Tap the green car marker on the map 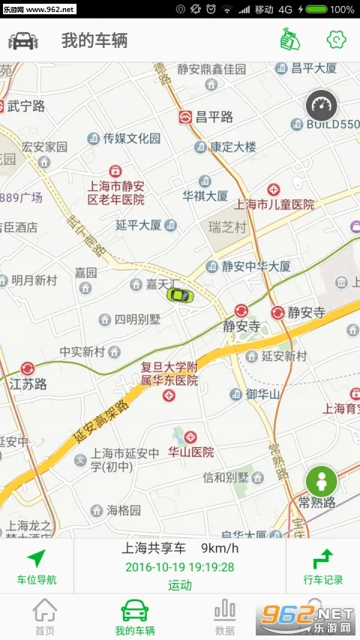click(179, 294)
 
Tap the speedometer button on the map click(322, 106)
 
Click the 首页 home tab click(44, 616)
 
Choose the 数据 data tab click(224, 616)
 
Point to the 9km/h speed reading click(217, 549)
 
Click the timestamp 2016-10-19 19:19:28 click(179, 567)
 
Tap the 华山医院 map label click(190, 452)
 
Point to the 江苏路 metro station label click(28, 383)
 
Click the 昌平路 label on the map click(214, 116)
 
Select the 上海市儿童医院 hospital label click(274, 203)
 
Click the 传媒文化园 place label click(132, 138)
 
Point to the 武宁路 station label click(26, 107)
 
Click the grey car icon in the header click(23, 41)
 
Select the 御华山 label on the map click(262, 394)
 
